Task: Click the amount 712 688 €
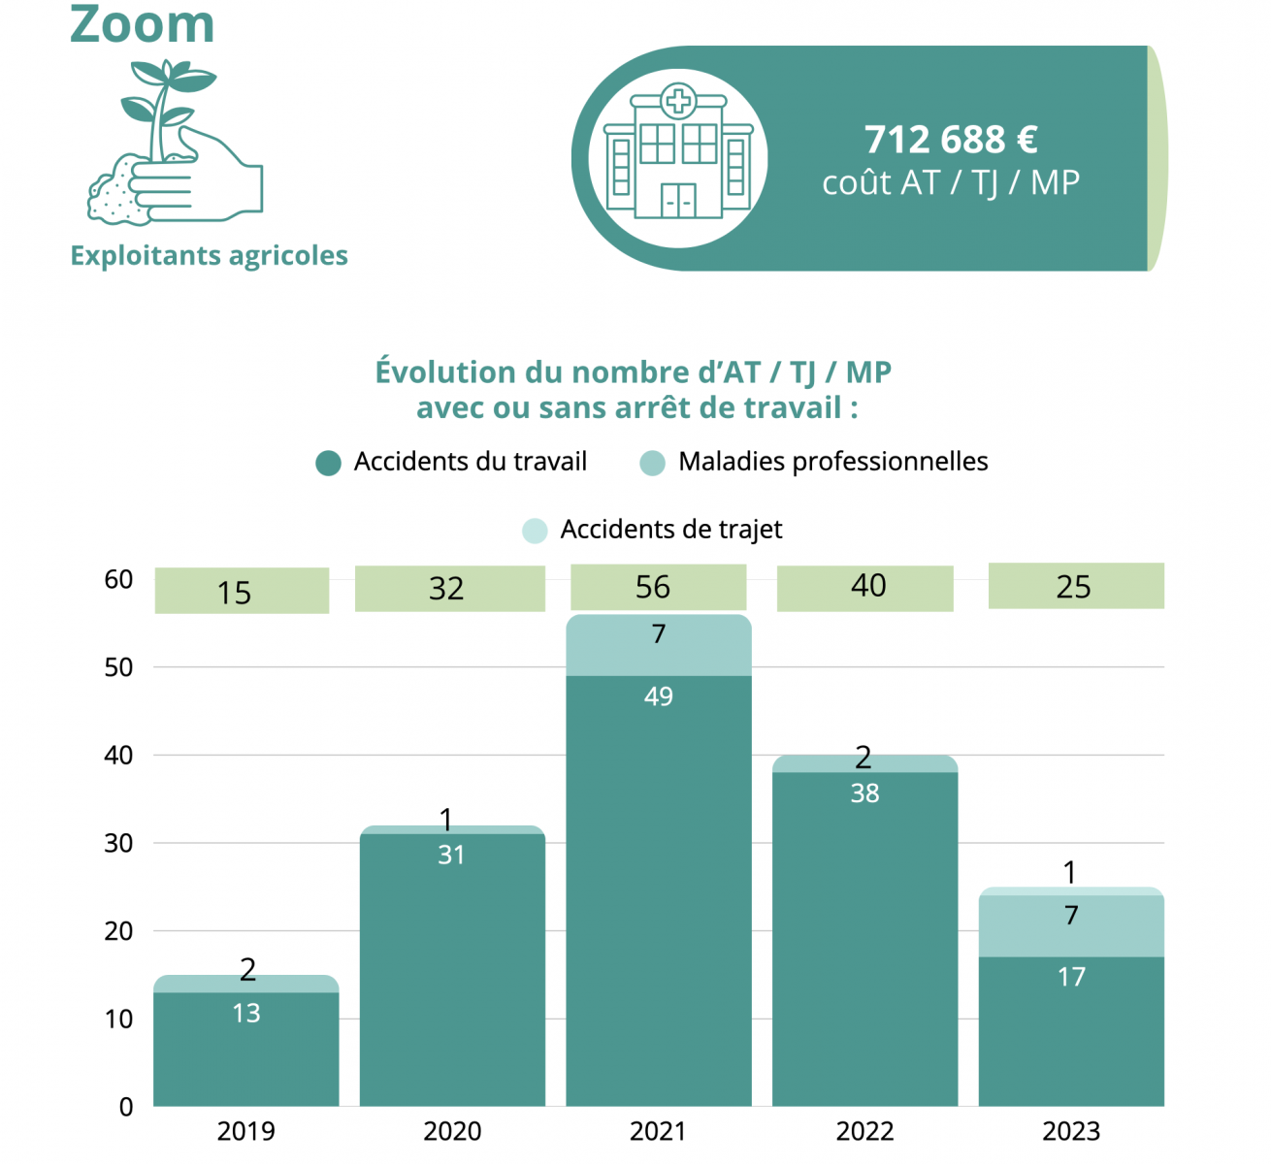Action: pos(951,140)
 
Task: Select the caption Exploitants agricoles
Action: pos(209,255)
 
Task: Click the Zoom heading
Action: pos(143,23)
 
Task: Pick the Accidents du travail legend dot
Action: pos(329,463)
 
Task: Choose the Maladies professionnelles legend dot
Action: pos(653,463)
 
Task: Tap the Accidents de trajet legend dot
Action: pos(535,531)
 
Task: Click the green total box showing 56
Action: pos(657,587)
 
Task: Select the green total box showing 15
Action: pos(242,591)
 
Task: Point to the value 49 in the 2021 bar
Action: pos(658,696)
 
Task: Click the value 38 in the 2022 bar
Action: pos(864,793)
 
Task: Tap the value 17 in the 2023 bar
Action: pos(1071,977)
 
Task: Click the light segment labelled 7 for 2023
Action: pos(1071,926)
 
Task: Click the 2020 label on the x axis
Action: pos(452,1131)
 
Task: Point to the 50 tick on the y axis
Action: pos(119,667)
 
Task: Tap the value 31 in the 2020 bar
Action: pos(451,855)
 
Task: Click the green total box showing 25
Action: pos(1075,586)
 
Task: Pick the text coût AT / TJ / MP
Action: pos(951,182)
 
